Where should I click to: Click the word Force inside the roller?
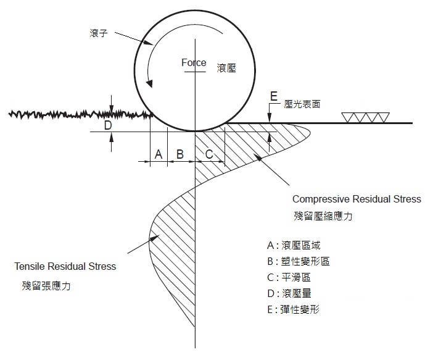[194, 63]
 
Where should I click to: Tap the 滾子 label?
[99, 33]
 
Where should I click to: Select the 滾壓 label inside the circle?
[226, 67]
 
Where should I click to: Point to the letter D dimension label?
[107, 125]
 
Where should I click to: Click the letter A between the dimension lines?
[159, 154]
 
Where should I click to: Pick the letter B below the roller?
[180, 154]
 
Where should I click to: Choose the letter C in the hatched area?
[209, 154]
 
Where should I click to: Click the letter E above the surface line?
[274, 96]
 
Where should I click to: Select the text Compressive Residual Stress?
[357, 199]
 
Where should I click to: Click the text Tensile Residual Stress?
[65, 267]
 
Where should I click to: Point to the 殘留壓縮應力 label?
[323, 217]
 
